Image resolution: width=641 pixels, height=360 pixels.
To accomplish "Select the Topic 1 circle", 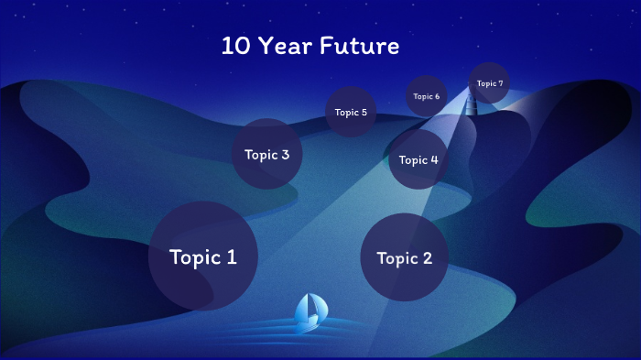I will click(x=202, y=256).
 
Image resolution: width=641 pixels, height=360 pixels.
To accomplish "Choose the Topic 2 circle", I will click(x=404, y=257).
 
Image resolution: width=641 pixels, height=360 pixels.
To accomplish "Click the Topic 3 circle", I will click(x=266, y=154).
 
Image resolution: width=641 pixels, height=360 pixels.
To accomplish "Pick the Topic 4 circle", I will click(x=418, y=159).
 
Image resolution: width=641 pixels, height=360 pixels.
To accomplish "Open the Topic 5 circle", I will click(x=351, y=112).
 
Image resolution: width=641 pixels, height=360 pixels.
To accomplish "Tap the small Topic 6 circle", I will click(x=426, y=96).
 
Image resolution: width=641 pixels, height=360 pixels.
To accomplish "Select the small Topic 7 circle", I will click(x=489, y=83).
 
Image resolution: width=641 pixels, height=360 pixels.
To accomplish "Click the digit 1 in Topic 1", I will click(x=231, y=257).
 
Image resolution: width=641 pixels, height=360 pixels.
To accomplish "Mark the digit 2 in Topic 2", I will click(x=427, y=258).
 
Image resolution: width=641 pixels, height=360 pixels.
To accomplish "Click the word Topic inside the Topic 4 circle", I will click(x=413, y=160).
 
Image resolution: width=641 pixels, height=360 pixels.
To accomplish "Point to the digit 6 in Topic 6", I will click(x=437, y=96).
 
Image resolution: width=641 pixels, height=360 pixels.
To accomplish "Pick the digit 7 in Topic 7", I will click(x=500, y=83).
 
